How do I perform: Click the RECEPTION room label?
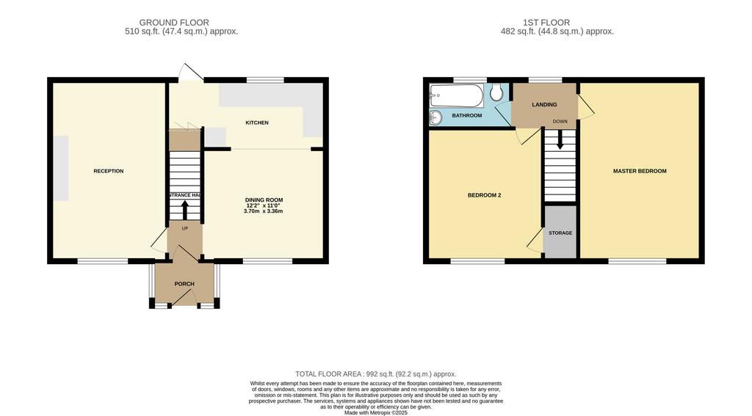[x=109, y=171]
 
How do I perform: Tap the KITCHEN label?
[x=257, y=123]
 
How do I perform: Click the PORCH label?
[x=184, y=284]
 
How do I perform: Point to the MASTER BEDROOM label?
[x=640, y=171]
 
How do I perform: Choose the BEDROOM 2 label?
[x=485, y=195]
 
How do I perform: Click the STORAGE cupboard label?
[x=560, y=233]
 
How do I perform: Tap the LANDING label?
[x=544, y=104]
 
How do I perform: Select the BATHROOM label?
[x=466, y=115]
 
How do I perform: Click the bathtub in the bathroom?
[x=457, y=96]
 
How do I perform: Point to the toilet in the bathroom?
[x=497, y=92]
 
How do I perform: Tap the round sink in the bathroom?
[x=436, y=117]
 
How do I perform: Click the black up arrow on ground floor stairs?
[x=184, y=209]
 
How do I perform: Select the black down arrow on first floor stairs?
[x=560, y=139]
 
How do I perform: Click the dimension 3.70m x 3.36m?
[x=264, y=211]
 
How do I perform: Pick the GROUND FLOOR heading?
[x=174, y=23]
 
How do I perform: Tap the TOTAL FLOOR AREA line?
[x=376, y=374]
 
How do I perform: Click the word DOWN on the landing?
[x=560, y=121]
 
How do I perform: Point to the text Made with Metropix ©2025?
[x=376, y=412]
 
